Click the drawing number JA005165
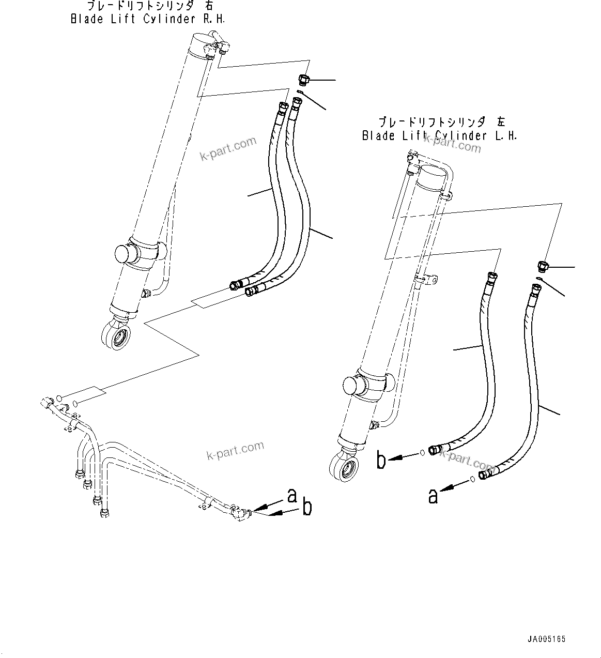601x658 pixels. (546, 639)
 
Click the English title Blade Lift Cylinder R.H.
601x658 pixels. (148, 19)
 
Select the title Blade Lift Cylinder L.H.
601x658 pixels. (439, 136)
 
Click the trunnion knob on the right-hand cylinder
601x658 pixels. (124, 254)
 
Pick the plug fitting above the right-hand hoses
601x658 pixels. (303, 80)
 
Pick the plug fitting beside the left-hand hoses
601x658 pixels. (542, 267)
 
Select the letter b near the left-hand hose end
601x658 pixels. (381, 460)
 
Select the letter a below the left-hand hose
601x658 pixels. (433, 496)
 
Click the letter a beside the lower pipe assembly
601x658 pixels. (292, 496)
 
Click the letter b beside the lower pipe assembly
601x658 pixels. (307, 508)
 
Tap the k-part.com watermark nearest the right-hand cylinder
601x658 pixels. (228, 148)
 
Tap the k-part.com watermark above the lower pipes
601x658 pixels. (235, 451)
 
